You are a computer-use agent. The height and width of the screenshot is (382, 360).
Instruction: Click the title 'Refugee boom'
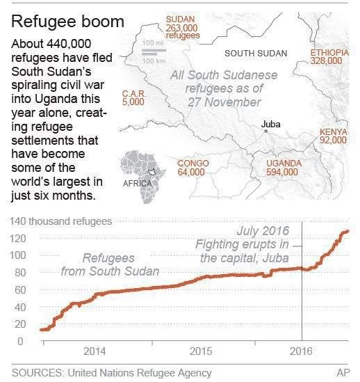[x=68, y=21]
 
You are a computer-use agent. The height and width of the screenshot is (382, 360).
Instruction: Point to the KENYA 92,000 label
[x=333, y=136]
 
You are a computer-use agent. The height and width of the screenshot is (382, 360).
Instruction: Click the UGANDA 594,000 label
[x=284, y=168]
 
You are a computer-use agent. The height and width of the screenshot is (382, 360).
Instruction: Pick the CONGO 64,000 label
[x=193, y=168]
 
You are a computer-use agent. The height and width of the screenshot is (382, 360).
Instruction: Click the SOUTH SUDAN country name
[x=254, y=53]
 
